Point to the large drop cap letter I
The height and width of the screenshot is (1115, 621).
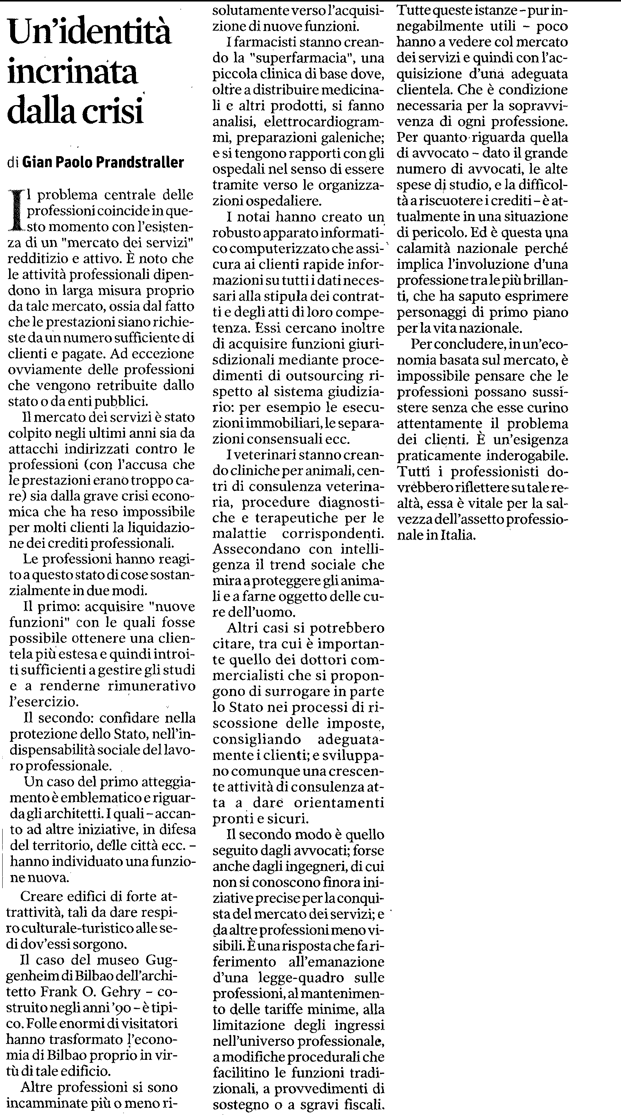(x=17, y=210)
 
